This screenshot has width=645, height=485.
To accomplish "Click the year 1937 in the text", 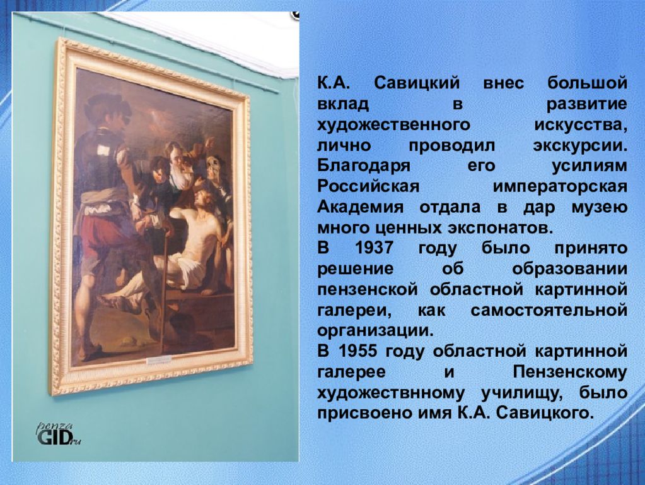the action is point(374,248).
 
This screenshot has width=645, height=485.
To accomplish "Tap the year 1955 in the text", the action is point(358,351).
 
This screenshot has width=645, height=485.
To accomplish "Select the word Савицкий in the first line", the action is point(417,83).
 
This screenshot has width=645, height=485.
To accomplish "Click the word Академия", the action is point(361,207).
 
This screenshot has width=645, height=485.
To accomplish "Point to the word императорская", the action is point(561,187).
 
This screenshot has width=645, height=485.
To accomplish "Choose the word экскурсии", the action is point(581,146).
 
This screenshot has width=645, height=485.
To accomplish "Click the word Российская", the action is point(368,186).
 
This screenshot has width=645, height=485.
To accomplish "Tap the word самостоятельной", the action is point(549,310).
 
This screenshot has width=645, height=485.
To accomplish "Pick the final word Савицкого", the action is point(546,413).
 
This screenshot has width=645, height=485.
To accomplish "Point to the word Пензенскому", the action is point(570,372).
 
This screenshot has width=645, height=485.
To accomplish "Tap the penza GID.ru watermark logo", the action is point(59,434).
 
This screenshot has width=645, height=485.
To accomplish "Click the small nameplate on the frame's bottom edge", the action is point(159,360).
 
